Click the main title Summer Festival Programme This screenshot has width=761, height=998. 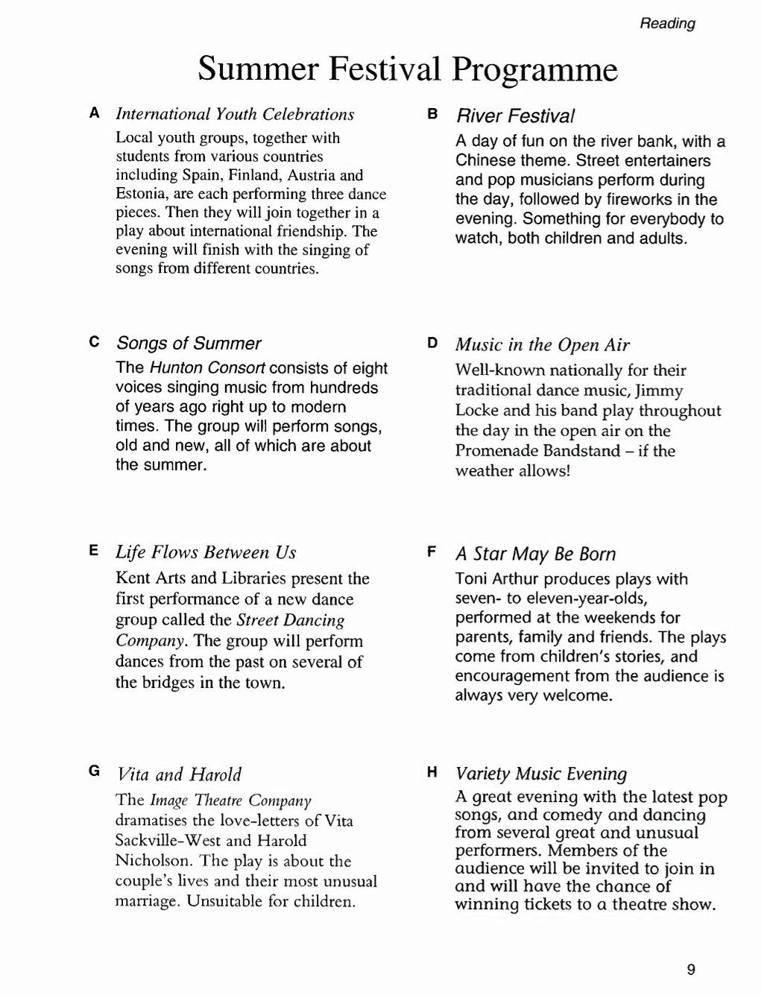pos(408,69)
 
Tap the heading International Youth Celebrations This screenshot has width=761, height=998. pos(235,114)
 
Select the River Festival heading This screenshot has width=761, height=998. pos(515,116)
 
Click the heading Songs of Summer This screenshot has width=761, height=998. pos(189,344)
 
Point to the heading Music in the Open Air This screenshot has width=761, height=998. pos(542,344)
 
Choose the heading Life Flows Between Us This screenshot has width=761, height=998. pos(206,552)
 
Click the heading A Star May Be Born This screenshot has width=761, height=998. pos(535,554)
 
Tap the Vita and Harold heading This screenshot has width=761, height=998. pos(179,774)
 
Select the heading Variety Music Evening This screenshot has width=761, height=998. pos(541,773)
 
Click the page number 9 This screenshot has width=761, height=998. pos(690,970)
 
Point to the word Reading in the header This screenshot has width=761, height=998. pos(667,24)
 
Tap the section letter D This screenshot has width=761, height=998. pos(432,343)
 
